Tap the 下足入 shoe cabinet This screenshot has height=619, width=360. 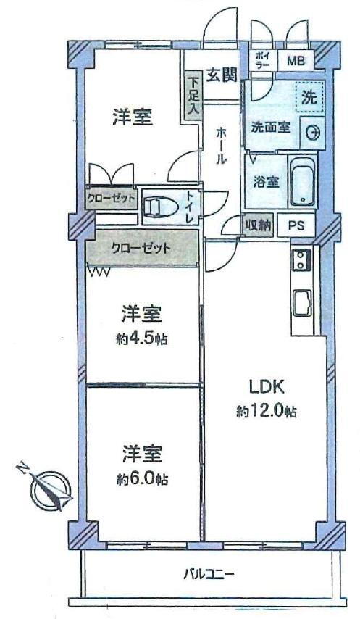point(193,96)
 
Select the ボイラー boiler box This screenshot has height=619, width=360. point(262,60)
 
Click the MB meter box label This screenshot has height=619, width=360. point(296,61)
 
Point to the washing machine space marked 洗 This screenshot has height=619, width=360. point(309,98)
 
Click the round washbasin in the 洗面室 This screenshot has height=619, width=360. point(312,133)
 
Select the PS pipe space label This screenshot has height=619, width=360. point(296,225)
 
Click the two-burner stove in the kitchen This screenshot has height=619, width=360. point(301,260)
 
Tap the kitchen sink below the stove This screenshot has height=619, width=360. point(302,303)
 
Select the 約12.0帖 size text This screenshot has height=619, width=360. point(266,412)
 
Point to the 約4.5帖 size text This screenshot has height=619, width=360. point(142,338)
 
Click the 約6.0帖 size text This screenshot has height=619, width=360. point(143,479)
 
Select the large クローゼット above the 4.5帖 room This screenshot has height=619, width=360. point(143,249)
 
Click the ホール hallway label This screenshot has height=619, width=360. point(221,147)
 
